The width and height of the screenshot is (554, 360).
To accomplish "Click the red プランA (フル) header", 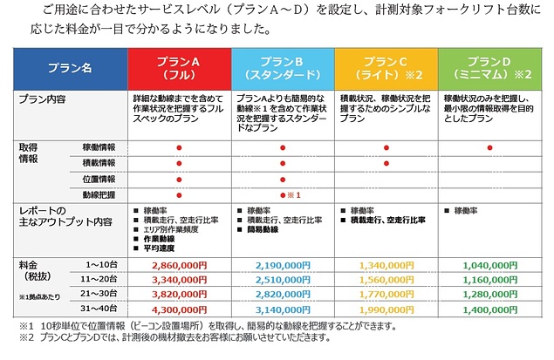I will point(179,68).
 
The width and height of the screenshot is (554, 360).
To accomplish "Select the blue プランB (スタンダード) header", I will point(283,68).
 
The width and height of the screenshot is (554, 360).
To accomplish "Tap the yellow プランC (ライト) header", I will point(386,68).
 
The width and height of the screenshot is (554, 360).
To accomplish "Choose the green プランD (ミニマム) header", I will point(489,68).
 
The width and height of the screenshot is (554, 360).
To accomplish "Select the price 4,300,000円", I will point(178,309).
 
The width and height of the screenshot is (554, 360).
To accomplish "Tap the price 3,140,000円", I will point(282,309).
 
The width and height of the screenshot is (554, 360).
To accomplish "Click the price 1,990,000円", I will point(386,309).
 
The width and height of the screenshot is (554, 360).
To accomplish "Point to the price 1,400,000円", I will point(489,309).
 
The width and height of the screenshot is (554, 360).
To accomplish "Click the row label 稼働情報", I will point(99,148).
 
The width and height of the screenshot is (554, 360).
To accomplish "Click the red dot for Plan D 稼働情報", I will point(489,148).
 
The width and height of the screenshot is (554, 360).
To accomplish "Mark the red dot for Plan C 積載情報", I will point(386,163).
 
